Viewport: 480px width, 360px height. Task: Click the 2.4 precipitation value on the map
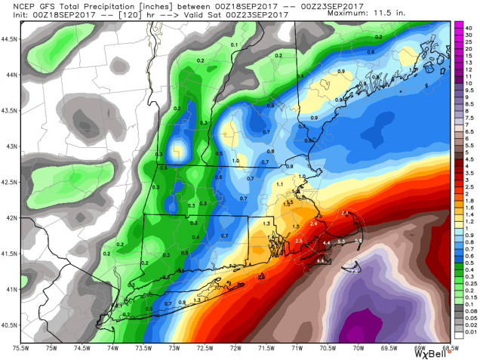pyautogui.click(x=313, y=224)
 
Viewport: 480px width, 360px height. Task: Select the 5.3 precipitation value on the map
pyautogui.click(x=340, y=242)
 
